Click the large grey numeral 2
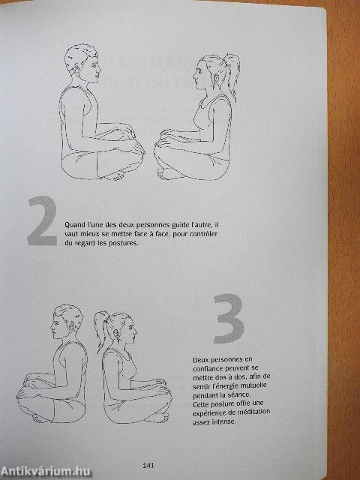pos(42,222)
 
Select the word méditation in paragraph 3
pos(250,412)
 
